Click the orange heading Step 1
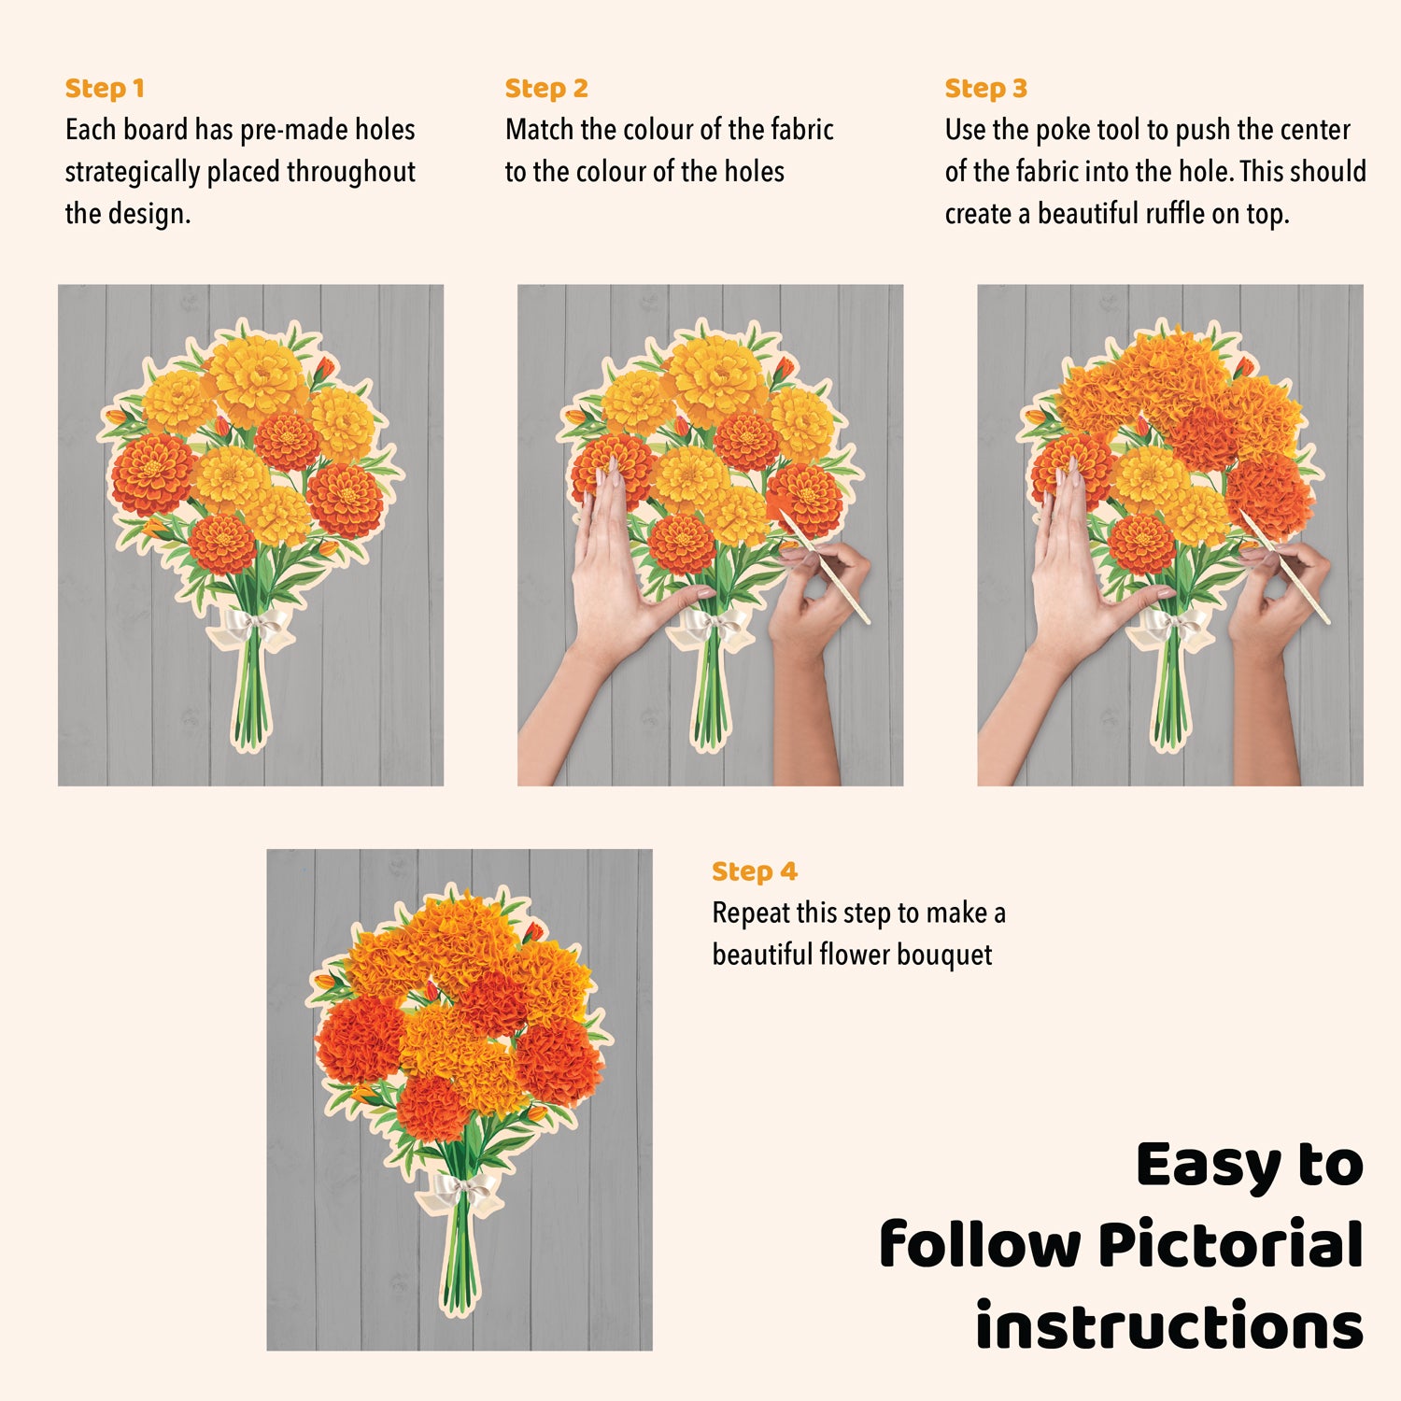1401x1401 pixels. tap(105, 89)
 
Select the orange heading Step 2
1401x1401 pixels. tap(546, 89)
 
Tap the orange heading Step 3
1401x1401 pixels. tap(985, 89)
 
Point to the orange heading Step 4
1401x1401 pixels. tap(755, 871)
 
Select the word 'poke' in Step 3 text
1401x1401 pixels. tap(1062, 131)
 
